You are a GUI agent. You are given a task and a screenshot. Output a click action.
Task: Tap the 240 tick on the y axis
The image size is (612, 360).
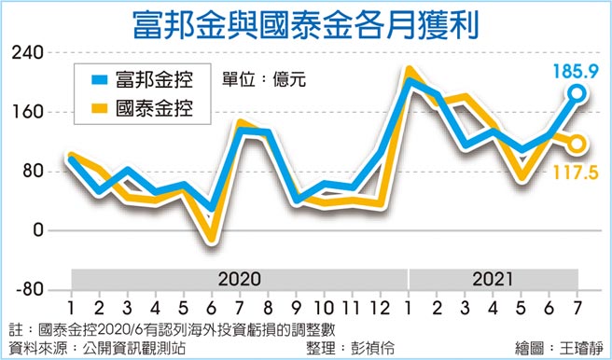pyautogui.click(x=29, y=53)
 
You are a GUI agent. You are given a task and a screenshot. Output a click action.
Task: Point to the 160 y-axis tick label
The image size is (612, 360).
pyautogui.click(x=29, y=112)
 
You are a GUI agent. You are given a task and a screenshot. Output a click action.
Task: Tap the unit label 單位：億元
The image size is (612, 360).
pyautogui.click(x=264, y=79)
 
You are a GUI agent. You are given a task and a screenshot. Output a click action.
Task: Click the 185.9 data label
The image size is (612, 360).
pyautogui.click(x=576, y=68)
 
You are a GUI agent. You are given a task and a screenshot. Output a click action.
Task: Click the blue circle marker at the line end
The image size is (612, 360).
pyautogui.click(x=577, y=92)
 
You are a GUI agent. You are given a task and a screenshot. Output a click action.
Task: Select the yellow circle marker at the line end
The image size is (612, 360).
pyautogui.click(x=577, y=144)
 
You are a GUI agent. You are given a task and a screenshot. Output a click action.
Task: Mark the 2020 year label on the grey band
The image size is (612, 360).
pyautogui.click(x=241, y=279)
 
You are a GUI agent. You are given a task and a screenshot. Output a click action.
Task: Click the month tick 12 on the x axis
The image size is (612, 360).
pyautogui.click(x=380, y=306)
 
